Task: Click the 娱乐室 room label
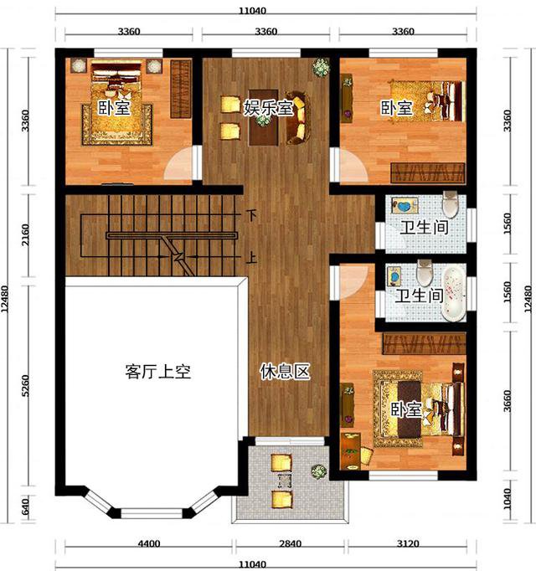pyautogui.click(x=269, y=107)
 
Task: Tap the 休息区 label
pyautogui.click(x=285, y=372)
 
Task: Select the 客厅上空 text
pyautogui.click(x=157, y=372)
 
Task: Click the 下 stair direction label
pyautogui.click(x=251, y=215)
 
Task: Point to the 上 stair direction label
pyautogui.click(x=251, y=258)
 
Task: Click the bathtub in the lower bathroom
pyautogui.click(x=454, y=294)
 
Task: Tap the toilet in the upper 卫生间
pyautogui.click(x=451, y=204)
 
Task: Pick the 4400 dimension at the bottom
pyautogui.click(x=149, y=543)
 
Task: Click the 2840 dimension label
pyautogui.click(x=291, y=543)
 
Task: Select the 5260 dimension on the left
pyautogui.click(x=25, y=386)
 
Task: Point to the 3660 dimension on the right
pyautogui.click(x=507, y=401)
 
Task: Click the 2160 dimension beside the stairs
pyautogui.click(x=25, y=234)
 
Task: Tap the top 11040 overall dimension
pyautogui.click(x=253, y=11)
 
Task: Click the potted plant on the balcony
pyautogui.click(x=319, y=471)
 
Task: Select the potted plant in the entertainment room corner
pyautogui.click(x=321, y=67)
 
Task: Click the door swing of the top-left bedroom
pyautogui.click(x=178, y=163)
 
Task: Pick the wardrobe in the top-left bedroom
pyautogui.click(x=181, y=90)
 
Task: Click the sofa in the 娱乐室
pyautogui.click(x=296, y=118)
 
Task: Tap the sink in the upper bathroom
pyautogui.click(x=405, y=206)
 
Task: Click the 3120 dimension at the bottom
pyautogui.click(x=408, y=543)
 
